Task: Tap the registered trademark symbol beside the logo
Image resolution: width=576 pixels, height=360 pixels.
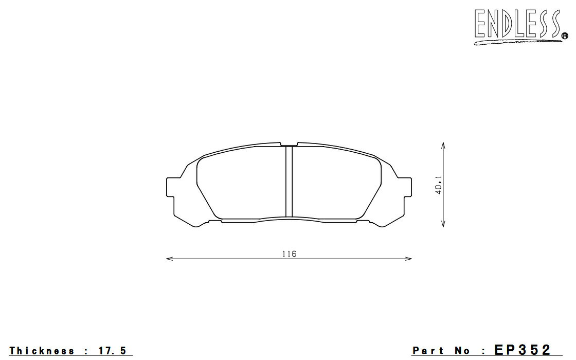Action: (x=565, y=35)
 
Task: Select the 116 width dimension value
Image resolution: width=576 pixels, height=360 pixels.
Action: (x=290, y=254)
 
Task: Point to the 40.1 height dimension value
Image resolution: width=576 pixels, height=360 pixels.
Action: (x=438, y=185)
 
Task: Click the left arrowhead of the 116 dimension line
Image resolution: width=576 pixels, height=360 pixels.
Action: (x=169, y=259)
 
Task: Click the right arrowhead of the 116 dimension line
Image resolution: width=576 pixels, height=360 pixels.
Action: (x=408, y=259)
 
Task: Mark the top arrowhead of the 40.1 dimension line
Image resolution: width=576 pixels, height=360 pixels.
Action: (x=443, y=146)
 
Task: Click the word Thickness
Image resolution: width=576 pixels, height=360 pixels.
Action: (x=42, y=351)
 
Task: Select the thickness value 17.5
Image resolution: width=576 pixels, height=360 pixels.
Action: (x=113, y=351)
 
